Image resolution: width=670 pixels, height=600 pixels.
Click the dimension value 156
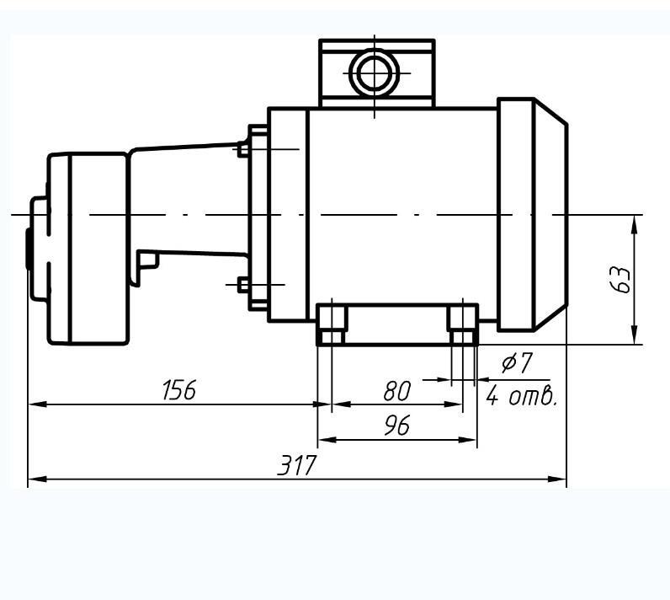coord(179,389)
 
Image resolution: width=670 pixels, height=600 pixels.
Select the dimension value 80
coord(397,391)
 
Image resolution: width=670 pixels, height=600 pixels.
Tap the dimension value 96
coord(397,425)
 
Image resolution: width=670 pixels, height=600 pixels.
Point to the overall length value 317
coord(297,465)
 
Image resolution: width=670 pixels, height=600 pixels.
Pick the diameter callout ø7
coord(517,362)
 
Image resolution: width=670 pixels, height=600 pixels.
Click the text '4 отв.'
coord(522,396)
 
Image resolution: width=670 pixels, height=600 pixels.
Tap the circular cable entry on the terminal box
coord(374,72)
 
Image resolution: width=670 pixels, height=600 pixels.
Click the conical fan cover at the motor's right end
coord(550,215)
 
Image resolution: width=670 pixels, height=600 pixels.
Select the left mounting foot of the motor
coord(332,324)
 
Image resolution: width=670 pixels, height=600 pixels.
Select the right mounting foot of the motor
coord(463,324)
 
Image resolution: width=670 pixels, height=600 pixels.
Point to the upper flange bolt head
coord(242,149)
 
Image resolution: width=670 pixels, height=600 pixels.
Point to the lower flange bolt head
coord(242,285)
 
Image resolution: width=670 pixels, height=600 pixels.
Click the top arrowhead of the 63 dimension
coord(635,223)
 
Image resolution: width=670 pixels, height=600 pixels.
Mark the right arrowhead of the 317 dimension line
coord(557,479)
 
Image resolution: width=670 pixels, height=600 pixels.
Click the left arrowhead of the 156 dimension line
coord(37,404)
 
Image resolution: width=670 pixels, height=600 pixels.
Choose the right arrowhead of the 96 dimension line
coord(468,440)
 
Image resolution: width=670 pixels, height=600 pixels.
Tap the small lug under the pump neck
coord(149,260)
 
